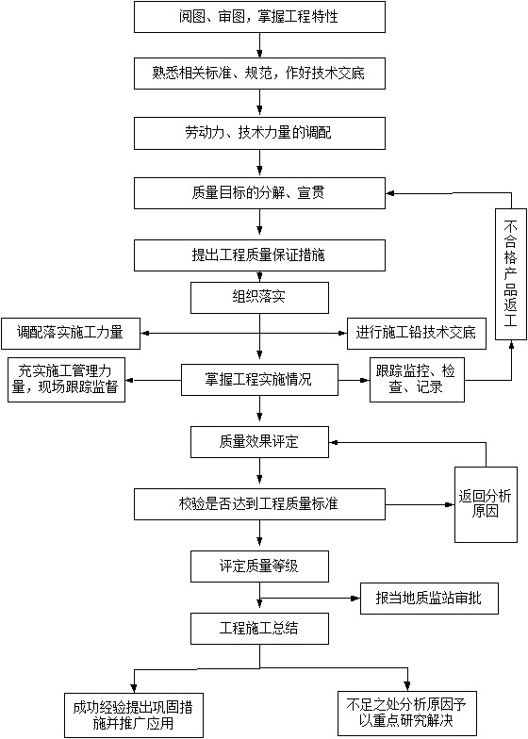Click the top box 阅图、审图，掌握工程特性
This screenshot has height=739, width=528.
coord(259,17)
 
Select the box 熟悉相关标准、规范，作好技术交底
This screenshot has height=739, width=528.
coord(259,74)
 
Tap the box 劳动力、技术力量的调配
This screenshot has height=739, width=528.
coord(259,134)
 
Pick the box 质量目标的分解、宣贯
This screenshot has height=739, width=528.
coord(259,193)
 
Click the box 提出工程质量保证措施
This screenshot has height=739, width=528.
coord(259,255)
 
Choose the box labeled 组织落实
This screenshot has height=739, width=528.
coord(259,298)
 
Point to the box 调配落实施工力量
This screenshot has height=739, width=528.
coord(70,334)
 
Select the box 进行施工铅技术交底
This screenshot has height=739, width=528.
coord(417,334)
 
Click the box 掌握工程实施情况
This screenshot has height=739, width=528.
coord(259,380)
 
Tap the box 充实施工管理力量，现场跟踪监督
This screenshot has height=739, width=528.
coord(66,380)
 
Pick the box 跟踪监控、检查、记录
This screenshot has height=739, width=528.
coord(417,380)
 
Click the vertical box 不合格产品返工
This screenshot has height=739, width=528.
coord(511,274)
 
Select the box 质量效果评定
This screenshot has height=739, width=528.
coord(259,442)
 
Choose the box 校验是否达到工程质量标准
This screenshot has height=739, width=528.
coord(259,504)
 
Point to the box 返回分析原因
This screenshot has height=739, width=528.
coord(486,504)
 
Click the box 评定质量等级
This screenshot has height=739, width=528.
coord(259,566)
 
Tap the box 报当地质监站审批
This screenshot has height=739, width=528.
coord(429,599)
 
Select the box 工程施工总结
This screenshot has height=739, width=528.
coord(259,629)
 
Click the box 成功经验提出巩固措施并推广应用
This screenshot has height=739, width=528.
coord(134,715)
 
